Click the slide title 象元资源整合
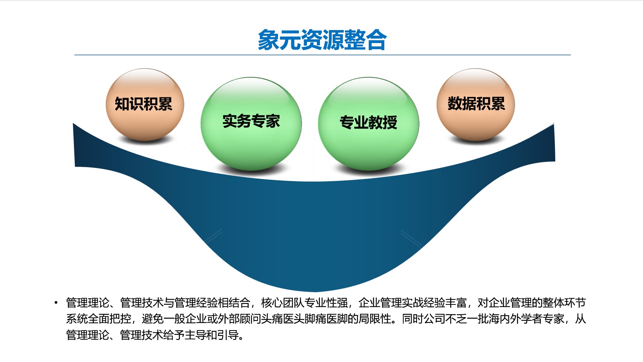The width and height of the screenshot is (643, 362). (x=322, y=40)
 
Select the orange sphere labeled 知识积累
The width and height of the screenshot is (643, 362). (x=145, y=105)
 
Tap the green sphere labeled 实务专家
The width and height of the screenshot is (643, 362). (x=251, y=124)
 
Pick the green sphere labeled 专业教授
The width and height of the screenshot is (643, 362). (x=369, y=124)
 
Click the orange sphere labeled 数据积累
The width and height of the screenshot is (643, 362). (x=476, y=105)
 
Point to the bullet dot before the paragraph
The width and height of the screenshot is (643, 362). (x=56, y=303)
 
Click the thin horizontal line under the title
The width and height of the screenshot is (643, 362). (x=323, y=55)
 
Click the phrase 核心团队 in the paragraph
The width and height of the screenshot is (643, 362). (x=282, y=303)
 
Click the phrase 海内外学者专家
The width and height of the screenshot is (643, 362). (x=526, y=319)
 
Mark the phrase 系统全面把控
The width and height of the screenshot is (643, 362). (x=98, y=319)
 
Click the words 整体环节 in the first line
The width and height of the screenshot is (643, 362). (x=564, y=303)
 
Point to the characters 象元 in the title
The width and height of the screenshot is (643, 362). (x=279, y=40)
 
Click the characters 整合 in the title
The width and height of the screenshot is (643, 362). (x=365, y=40)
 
